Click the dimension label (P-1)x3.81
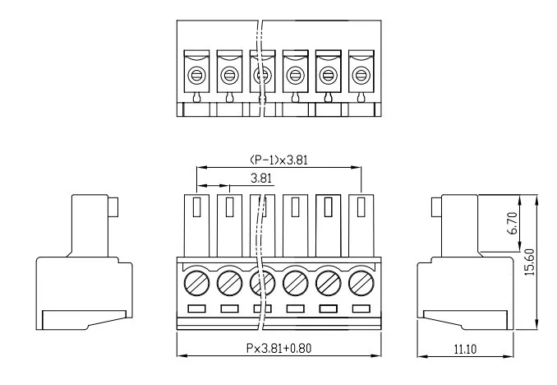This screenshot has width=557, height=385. tap(278, 160)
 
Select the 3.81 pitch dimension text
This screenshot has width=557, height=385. tap(261, 178)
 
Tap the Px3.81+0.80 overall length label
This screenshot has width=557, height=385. tap(278, 348)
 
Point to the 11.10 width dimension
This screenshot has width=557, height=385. tap(465, 349)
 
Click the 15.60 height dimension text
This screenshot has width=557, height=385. tap(529, 262)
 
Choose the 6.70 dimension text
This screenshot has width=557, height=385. tap(513, 223)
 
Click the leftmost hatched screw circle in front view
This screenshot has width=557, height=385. tap(197, 283)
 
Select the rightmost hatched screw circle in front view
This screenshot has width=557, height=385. tap(361, 283)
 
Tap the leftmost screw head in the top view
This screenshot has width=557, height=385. tap(196, 76)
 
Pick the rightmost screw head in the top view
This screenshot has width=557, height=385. tap(361, 76)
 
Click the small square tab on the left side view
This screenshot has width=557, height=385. tap(113, 207)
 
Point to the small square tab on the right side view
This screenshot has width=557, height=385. tap(437, 207)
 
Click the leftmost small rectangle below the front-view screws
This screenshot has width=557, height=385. tap(196, 308)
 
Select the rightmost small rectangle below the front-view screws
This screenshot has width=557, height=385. tap(361, 308)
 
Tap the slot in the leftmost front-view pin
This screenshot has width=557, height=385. tap(196, 207)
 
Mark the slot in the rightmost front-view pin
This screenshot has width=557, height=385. tap(361, 207)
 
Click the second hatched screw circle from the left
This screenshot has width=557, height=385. tap(229, 283)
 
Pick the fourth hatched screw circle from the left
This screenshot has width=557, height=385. tap(296, 283)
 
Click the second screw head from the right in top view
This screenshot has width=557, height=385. tap(329, 76)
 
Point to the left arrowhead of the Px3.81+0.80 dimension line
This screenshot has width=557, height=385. tap(182, 355)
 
